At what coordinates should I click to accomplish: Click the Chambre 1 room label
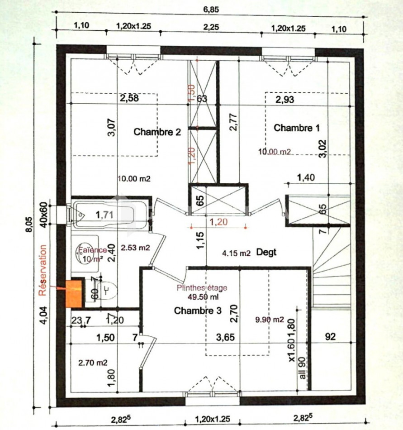[297, 128]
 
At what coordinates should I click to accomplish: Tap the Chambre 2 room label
[157, 132]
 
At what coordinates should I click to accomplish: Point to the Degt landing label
[266, 253]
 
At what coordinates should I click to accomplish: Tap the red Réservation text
[43, 271]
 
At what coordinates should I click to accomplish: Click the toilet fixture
[107, 290]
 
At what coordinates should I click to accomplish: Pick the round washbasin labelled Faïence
[86, 253]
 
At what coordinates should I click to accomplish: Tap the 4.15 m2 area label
[236, 253]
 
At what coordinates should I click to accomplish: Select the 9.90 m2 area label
[269, 320]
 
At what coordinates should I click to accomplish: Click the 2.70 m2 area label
[93, 362]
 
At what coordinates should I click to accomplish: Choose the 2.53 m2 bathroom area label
[136, 247]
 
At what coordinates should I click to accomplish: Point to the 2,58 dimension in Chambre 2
[129, 97]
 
